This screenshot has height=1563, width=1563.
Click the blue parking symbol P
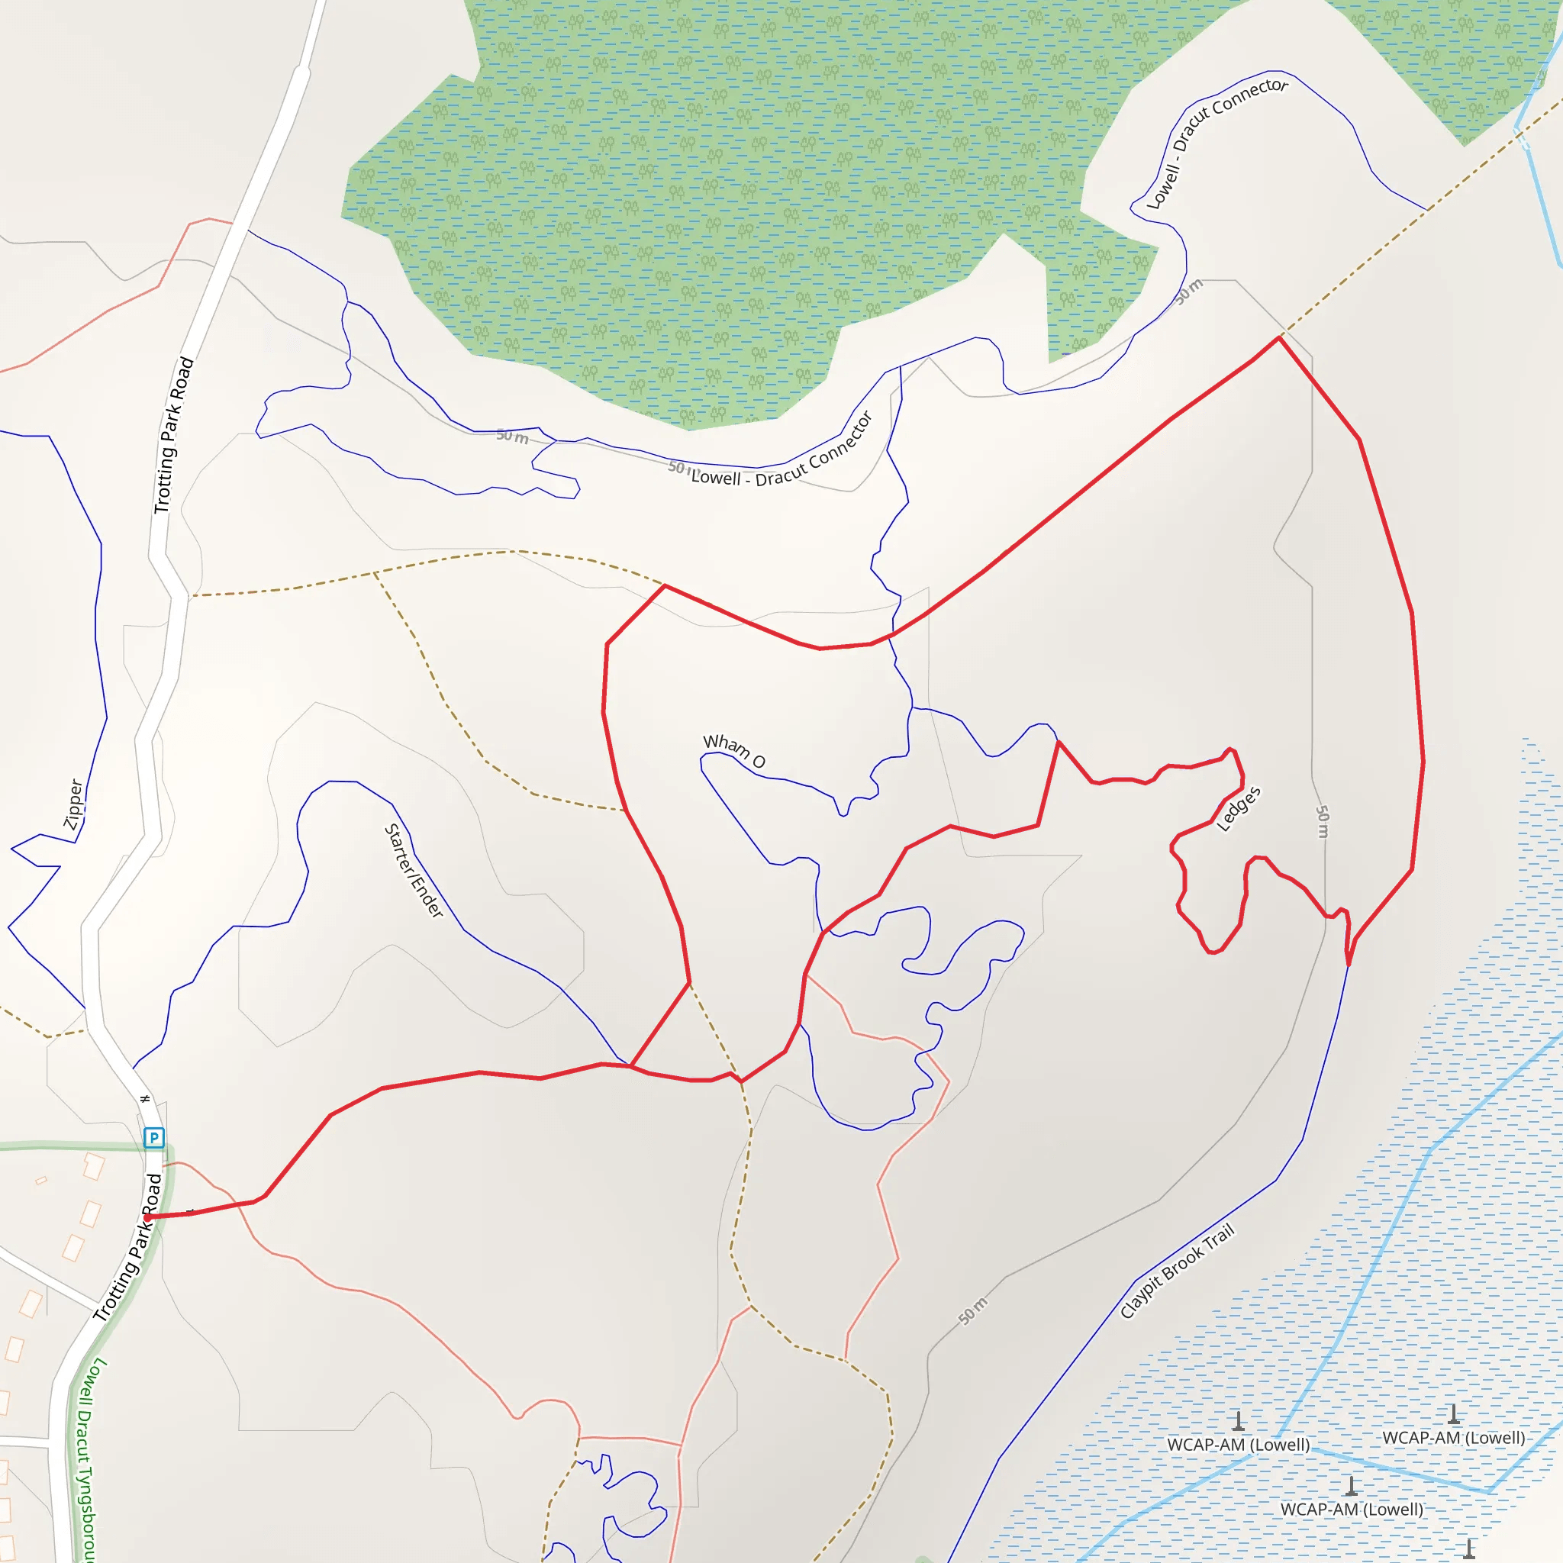[x=153, y=1137]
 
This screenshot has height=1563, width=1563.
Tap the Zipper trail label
[x=73, y=804]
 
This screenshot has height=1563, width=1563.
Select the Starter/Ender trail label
[x=414, y=871]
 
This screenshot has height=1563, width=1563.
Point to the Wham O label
[x=733, y=751]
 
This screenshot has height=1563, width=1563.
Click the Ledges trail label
[x=1239, y=809]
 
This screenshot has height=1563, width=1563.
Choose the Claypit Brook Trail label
[x=1177, y=1271]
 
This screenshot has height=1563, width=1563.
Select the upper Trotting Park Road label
[x=174, y=435]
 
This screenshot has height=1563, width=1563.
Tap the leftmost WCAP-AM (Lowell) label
[x=1238, y=1445]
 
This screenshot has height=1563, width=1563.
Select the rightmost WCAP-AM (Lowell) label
[x=1453, y=1438]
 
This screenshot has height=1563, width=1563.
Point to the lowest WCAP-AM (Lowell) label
[x=1351, y=1509]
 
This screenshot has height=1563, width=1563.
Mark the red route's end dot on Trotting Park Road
[x=147, y=1217]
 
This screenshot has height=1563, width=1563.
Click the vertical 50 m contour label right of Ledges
[x=1322, y=821]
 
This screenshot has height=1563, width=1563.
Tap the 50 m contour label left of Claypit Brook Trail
[x=973, y=1310]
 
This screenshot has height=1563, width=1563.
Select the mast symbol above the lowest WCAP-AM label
[x=1351, y=1486]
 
